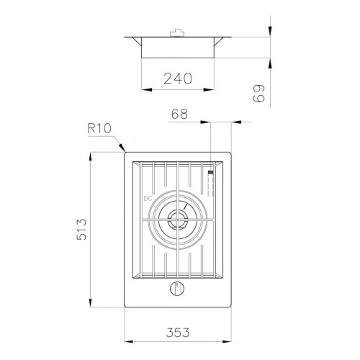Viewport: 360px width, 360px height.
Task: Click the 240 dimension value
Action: tap(178, 78)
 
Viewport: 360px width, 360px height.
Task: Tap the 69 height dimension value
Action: tap(259, 93)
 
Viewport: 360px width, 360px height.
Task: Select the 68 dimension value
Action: tap(179, 114)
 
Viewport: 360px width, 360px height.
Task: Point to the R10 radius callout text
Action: tap(99, 128)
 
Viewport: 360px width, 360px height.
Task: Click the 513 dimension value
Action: tap(81, 229)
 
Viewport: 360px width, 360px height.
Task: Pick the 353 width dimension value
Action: tap(178, 333)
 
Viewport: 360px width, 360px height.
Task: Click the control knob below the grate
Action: tap(177, 289)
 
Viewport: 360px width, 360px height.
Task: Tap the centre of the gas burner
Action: tap(177, 220)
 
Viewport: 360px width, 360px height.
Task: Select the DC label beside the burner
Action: tap(148, 199)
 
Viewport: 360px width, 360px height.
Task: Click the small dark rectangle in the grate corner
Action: tap(210, 172)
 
